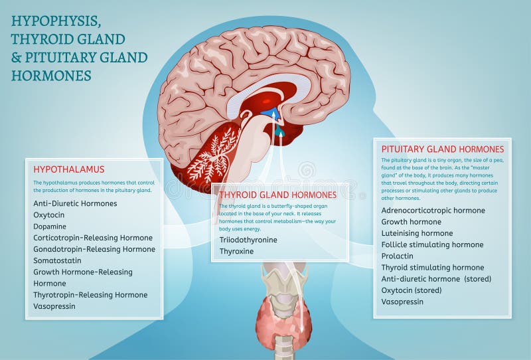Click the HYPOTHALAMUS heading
point(68,169)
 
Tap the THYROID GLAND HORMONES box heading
point(278,195)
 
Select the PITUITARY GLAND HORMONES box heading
point(443,149)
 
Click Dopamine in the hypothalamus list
point(50,226)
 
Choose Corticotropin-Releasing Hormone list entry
point(93,238)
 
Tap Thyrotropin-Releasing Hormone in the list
point(90,295)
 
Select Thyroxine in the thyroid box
point(237,252)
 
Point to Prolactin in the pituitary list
point(398,256)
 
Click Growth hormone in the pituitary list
point(412,222)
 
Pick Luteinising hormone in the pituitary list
point(417,233)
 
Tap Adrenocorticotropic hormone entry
point(433,211)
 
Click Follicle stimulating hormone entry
point(432,244)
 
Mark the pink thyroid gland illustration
point(283,319)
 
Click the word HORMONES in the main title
point(51,75)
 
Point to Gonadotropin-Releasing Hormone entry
point(94,249)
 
